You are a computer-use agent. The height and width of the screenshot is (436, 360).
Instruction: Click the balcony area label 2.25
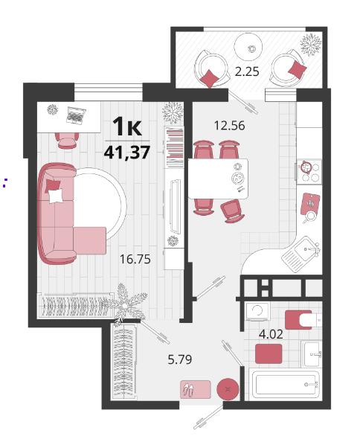[247, 71]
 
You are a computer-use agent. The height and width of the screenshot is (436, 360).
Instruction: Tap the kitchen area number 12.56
[229, 126]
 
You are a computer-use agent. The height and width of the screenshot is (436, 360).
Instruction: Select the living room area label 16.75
[135, 259]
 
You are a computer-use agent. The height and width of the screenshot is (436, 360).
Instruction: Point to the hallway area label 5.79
[179, 359]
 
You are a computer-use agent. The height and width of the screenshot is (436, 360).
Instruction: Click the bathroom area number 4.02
[271, 334]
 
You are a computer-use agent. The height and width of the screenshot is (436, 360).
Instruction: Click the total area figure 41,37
[127, 153]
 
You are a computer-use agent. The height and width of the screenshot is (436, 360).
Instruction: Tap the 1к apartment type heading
[127, 126]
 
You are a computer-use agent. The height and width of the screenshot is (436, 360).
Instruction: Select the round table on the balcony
[248, 47]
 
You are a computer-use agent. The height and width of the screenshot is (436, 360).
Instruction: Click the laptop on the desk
[76, 115]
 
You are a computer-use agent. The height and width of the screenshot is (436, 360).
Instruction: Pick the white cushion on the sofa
[56, 196]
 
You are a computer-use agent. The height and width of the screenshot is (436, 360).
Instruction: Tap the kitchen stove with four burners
[309, 172]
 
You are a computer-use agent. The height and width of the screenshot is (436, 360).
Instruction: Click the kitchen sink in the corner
[301, 254]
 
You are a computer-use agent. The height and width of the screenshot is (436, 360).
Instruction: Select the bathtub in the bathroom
[285, 385]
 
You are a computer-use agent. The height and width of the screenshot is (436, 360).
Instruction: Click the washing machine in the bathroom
[257, 312]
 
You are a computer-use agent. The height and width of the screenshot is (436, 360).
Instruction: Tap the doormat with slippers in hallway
[195, 390]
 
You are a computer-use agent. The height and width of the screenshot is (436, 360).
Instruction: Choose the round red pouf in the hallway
[228, 389]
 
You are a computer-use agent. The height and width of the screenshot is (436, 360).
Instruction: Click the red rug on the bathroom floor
[269, 353]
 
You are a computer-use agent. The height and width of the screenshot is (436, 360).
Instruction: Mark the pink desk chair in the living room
[67, 140]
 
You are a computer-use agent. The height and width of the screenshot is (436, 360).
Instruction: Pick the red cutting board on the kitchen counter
[310, 204]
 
